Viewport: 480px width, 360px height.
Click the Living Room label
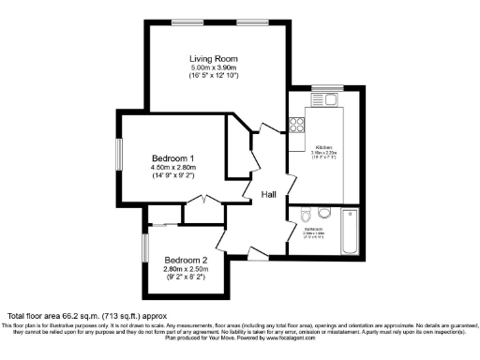point(214,59)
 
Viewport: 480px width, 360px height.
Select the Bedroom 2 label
point(186,260)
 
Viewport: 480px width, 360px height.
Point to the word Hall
point(269,195)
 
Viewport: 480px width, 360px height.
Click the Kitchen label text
point(324,148)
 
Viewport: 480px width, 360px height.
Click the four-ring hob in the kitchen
point(297,122)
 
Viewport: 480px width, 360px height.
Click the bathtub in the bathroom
point(349,233)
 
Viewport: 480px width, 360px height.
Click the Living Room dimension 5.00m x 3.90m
point(214,68)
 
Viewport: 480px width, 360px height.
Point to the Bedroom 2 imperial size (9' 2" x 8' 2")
point(186,278)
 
